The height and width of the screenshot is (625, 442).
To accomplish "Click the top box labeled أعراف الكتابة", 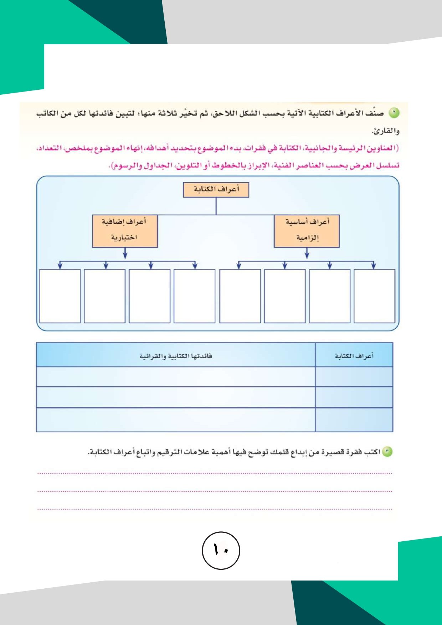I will [x=216, y=190].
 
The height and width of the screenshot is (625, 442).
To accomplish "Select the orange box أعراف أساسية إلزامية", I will [x=307, y=231].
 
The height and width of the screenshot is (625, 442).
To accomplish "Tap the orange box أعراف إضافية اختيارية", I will [x=125, y=231].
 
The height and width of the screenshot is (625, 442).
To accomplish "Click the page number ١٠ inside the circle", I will [x=221, y=550].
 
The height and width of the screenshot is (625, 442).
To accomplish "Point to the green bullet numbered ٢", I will [x=394, y=113].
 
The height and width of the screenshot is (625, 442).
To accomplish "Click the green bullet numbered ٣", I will [x=387, y=452].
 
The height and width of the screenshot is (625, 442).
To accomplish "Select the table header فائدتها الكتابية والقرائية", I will [x=176, y=356].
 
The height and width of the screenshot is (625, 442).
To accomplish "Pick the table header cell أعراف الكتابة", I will [x=354, y=356].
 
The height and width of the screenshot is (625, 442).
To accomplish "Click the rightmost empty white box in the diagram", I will [x=374, y=296].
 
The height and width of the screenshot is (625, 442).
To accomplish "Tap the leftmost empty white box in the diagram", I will [x=60, y=296].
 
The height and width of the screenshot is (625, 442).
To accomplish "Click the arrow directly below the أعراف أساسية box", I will [x=307, y=254].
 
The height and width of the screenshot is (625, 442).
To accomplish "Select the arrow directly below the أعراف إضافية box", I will [x=125, y=254].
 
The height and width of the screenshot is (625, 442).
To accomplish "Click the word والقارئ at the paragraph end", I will [x=386, y=131].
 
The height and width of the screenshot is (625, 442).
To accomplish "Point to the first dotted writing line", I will [x=215, y=474].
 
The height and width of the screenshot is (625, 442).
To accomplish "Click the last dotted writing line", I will [x=215, y=509].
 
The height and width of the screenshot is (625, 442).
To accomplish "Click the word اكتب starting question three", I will [x=372, y=452].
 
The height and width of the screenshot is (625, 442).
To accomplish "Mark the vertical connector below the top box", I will [x=216, y=206].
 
